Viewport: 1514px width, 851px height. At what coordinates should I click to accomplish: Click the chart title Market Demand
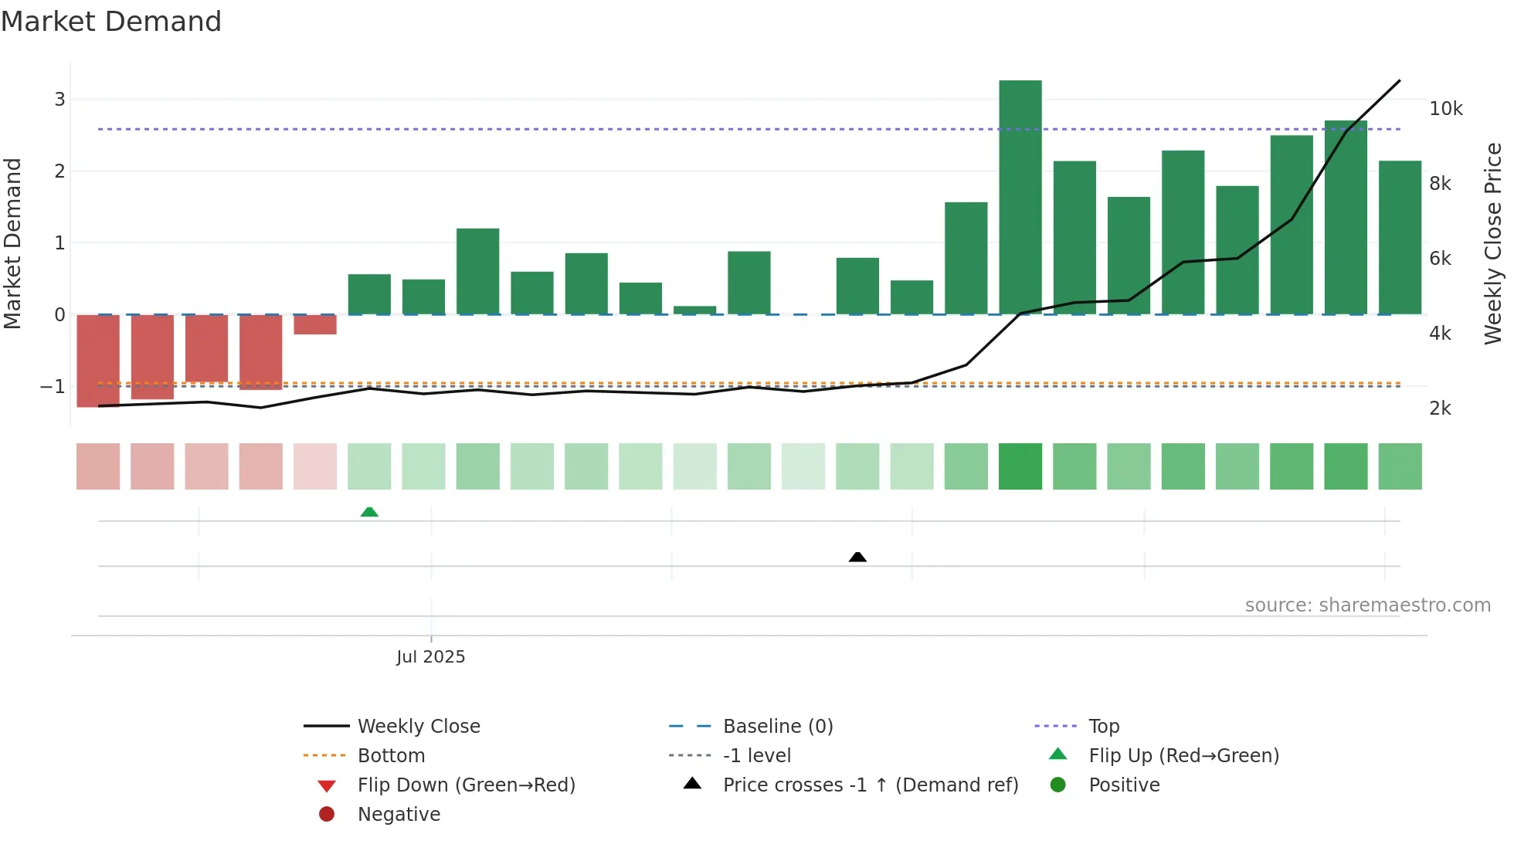pyautogui.click(x=111, y=22)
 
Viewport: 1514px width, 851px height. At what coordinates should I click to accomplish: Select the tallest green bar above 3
pyautogui.click(x=1020, y=197)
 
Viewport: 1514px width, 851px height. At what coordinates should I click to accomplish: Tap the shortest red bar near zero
pyautogui.click(x=314, y=324)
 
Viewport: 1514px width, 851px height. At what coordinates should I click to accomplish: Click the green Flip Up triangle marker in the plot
pyautogui.click(x=369, y=512)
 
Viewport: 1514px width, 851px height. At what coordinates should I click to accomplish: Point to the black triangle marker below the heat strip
pyautogui.click(x=857, y=557)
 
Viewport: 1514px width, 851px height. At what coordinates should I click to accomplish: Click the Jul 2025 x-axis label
pyautogui.click(x=430, y=657)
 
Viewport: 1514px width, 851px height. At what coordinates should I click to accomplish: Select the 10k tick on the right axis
pyautogui.click(x=1445, y=109)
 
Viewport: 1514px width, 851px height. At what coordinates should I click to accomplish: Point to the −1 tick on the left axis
pyautogui.click(x=53, y=387)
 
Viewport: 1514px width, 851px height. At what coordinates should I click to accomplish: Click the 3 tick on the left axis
pyautogui.click(x=59, y=100)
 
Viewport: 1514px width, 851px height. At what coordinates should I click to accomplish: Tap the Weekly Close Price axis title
pyautogui.click(x=1493, y=243)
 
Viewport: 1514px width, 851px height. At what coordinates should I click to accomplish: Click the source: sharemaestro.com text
pyautogui.click(x=1367, y=605)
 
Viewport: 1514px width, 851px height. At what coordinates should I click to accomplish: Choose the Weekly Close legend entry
pyautogui.click(x=419, y=727)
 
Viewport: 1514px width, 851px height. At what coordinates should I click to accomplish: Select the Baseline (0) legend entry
pyautogui.click(x=777, y=727)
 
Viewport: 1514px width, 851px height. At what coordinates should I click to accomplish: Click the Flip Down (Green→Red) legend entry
pyautogui.click(x=466, y=785)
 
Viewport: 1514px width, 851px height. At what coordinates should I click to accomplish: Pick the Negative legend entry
pyautogui.click(x=399, y=815)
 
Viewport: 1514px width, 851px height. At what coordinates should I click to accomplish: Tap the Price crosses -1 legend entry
pyautogui.click(x=870, y=785)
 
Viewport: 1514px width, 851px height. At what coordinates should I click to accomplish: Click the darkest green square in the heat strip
pyautogui.click(x=1020, y=466)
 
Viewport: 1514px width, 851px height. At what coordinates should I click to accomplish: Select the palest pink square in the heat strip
pyautogui.click(x=314, y=466)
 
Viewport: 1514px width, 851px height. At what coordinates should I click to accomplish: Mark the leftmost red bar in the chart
pyautogui.click(x=98, y=360)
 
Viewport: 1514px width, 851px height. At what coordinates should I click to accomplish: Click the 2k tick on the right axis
pyautogui.click(x=1440, y=409)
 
